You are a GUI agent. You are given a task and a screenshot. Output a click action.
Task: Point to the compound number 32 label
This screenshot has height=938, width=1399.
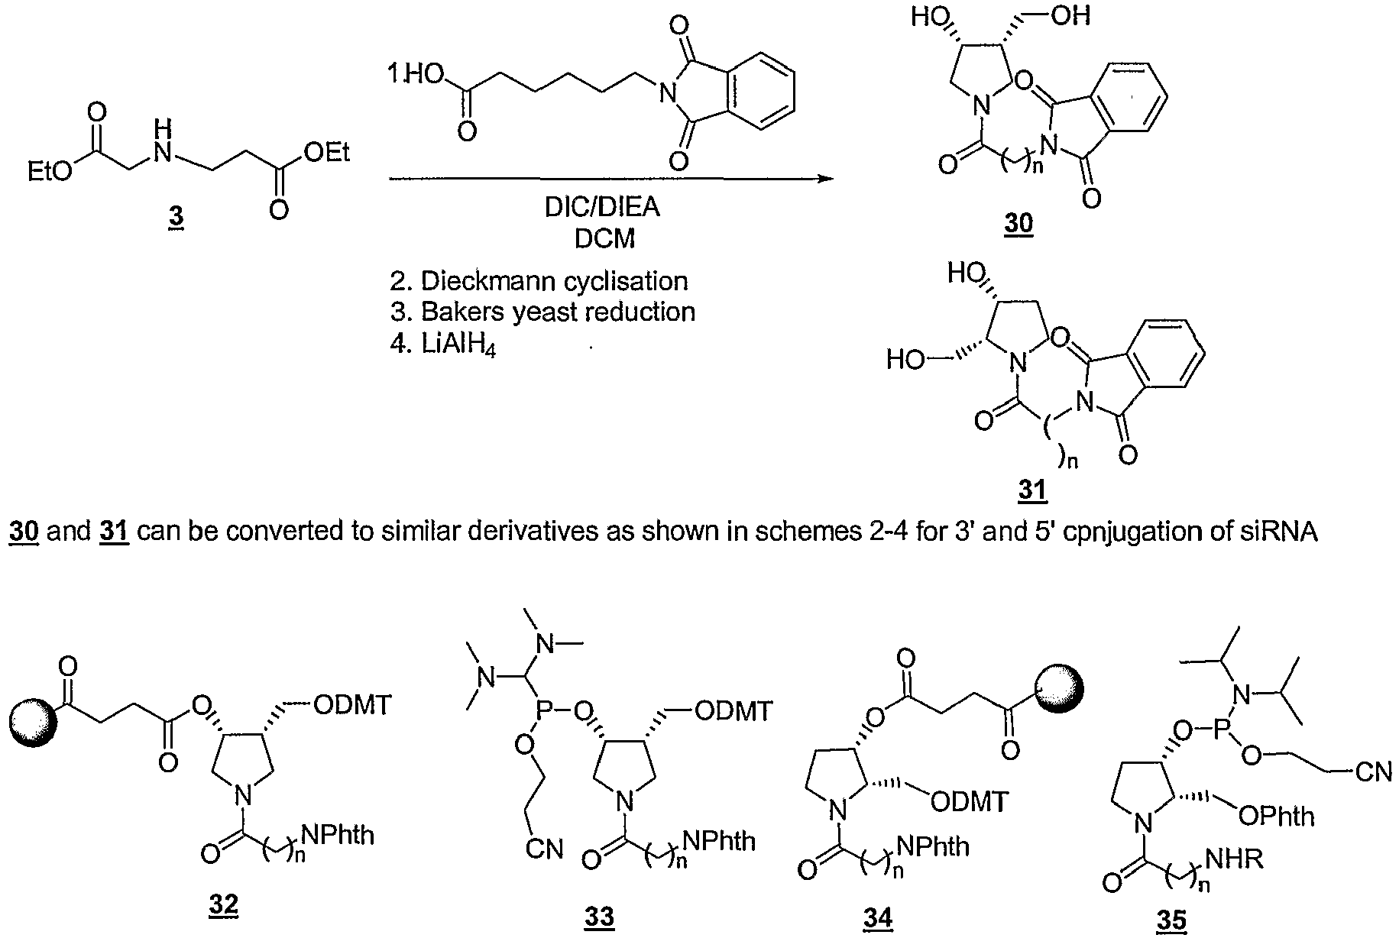(222, 907)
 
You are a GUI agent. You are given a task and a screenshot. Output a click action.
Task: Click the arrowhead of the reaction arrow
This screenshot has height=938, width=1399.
(824, 180)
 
